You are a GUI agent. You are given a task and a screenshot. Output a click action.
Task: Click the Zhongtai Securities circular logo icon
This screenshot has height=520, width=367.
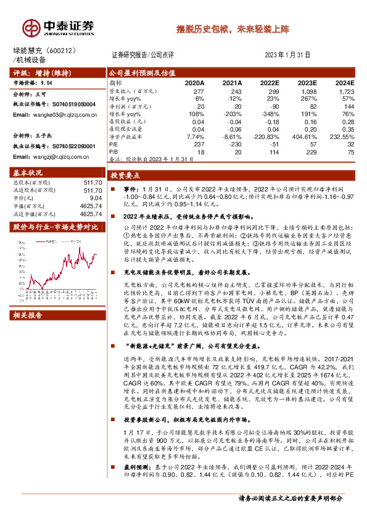[31, 28]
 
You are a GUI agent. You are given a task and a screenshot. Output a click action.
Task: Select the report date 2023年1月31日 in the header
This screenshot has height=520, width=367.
[291, 55]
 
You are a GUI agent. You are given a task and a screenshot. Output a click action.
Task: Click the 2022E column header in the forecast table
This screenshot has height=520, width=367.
[270, 82]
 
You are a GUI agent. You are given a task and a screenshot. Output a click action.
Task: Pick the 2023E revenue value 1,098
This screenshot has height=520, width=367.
[309, 91]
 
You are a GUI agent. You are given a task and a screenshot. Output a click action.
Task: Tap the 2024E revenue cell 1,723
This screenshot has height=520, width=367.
[345, 91]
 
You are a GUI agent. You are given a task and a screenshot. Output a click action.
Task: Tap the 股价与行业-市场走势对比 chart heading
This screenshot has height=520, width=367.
[56, 227]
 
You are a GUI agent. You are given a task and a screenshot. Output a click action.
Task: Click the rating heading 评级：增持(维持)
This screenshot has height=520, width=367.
[41, 72]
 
